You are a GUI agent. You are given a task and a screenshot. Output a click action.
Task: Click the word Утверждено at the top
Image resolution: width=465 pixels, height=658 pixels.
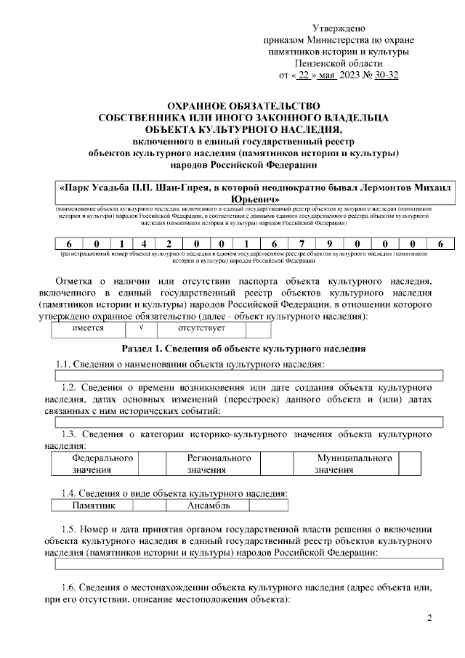339,27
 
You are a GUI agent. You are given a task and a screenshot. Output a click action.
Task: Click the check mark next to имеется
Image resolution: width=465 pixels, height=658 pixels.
142,328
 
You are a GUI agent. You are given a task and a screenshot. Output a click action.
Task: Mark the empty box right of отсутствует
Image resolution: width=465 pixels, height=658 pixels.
258,328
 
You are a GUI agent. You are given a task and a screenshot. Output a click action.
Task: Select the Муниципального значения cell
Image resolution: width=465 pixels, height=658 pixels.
354,464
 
